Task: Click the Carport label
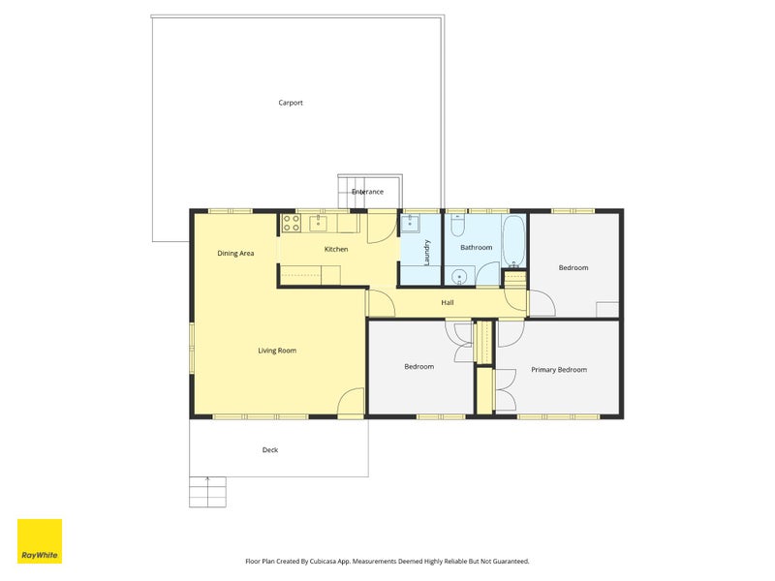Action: pyautogui.click(x=290, y=103)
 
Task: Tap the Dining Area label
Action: pyautogui.click(x=235, y=254)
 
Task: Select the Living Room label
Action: pyautogui.click(x=277, y=351)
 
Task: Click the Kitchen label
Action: pyautogui.click(x=336, y=249)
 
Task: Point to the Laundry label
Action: pyautogui.click(x=427, y=253)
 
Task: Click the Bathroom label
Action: pyautogui.click(x=476, y=247)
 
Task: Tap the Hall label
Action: pyautogui.click(x=448, y=302)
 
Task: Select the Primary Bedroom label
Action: pyautogui.click(x=559, y=370)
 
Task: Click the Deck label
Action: pyautogui.click(x=270, y=450)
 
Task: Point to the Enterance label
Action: pyautogui.click(x=367, y=192)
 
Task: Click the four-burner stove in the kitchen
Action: pyautogui.click(x=292, y=223)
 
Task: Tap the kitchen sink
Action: pyautogui.click(x=319, y=224)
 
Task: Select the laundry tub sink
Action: pyautogui.click(x=410, y=224)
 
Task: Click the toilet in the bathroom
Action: pyautogui.click(x=457, y=226)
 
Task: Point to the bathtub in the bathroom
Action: pyautogui.click(x=514, y=241)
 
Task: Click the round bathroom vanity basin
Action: pyautogui.click(x=459, y=277)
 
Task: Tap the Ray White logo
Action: pyautogui.click(x=40, y=541)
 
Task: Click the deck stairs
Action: pyautogui.click(x=207, y=492)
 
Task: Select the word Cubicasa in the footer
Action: pyautogui.click(x=324, y=562)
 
